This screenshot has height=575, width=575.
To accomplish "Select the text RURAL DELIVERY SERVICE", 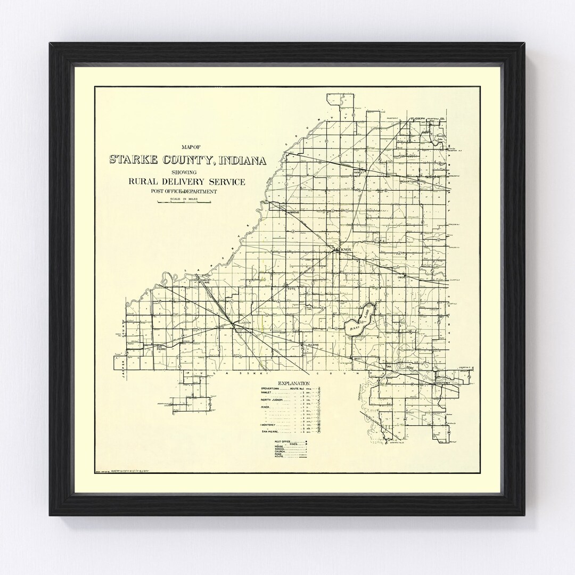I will coord(186,182).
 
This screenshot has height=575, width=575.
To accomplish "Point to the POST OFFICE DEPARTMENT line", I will coord(186,191).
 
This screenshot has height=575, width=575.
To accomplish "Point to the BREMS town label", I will coord(295,212).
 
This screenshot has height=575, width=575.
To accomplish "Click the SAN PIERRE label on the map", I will coord(161,348).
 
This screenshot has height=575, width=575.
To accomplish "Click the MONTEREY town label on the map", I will coord(443,383).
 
